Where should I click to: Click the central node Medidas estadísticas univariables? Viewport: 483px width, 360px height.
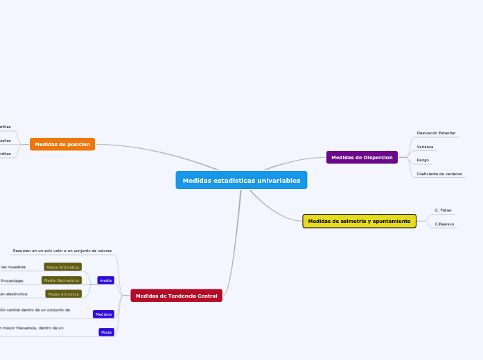[x=241, y=180]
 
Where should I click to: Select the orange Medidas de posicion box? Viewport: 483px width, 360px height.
[x=62, y=144]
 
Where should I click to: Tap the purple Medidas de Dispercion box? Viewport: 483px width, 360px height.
[x=362, y=157]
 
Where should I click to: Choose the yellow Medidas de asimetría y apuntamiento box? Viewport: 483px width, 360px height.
[x=359, y=221]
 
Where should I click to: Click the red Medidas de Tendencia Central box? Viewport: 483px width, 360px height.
[x=176, y=296]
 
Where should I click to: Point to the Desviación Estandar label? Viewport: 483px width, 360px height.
[x=436, y=132]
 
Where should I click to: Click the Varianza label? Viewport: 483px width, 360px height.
[x=425, y=147]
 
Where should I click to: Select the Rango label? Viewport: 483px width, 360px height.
[x=423, y=160]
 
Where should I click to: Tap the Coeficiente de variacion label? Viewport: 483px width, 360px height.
[x=439, y=174]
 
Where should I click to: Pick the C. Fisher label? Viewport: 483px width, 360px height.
[x=443, y=210]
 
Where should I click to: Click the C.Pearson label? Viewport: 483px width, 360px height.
[x=444, y=224]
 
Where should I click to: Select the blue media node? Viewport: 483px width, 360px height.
[x=106, y=280]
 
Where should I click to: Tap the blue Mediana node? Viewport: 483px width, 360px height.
[x=103, y=314]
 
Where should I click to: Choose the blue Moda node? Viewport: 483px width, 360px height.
[x=106, y=332]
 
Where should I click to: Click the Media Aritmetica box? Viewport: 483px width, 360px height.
[x=62, y=267]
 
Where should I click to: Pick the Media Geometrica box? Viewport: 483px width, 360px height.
[x=61, y=280]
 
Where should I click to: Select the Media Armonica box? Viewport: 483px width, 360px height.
[x=63, y=294]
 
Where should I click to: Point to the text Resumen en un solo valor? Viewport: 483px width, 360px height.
[x=62, y=250]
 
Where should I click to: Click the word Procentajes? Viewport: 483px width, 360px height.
[x=12, y=280]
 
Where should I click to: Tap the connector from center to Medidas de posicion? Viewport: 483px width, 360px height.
[x=139, y=146]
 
